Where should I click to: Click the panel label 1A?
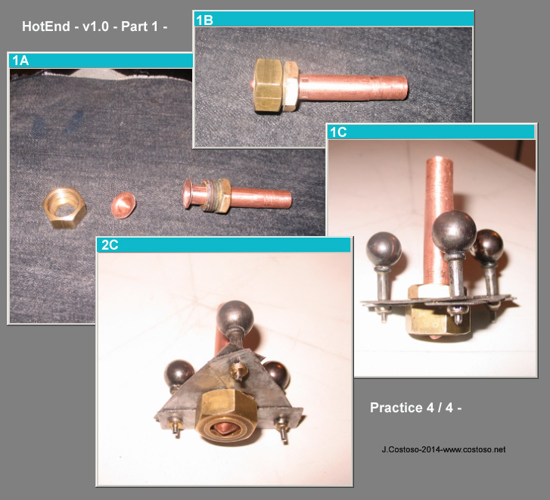pos(20,61)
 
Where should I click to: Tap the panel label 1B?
pos(204,20)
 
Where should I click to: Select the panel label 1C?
pos(338,132)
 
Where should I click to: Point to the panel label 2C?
pos(110,245)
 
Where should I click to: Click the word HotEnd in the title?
pos(46,26)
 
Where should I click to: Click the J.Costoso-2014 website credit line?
pos(444,449)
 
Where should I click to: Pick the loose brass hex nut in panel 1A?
pos(64,208)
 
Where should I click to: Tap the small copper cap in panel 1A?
pos(123,205)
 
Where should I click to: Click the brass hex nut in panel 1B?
pos(269,85)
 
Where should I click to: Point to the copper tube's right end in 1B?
pos(406,88)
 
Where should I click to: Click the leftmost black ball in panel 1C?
pos(384,250)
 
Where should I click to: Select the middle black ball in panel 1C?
pos(454,231)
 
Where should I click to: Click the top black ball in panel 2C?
pos(235,318)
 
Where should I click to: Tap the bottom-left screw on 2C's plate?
pos(174,427)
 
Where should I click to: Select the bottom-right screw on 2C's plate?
pos(283,428)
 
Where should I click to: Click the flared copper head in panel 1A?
pos(188,194)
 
